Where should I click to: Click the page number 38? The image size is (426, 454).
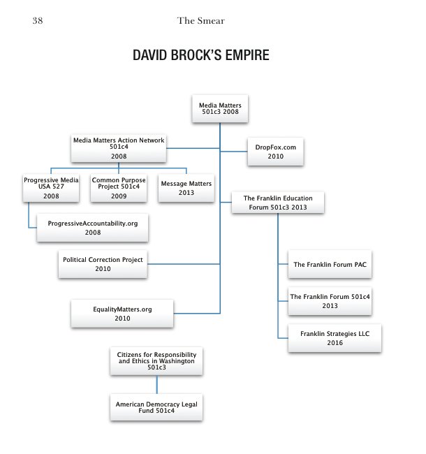pyautogui.click(x=38, y=21)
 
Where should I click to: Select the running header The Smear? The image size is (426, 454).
pyautogui.click(x=200, y=21)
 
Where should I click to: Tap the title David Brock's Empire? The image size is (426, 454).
pyautogui.click(x=201, y=55)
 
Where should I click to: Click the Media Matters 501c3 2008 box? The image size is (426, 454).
pyautogui.click(x=220, y=108)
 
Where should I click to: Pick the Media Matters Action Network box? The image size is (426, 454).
pyautogui.click(x=119, y=148)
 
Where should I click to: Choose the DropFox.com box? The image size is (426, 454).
pyautogui.click(x=275, y=152)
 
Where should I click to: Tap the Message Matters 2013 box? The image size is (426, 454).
pyautogui.click(x=186, y=188)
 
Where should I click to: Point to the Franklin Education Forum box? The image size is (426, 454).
pyautogui.click(x=278, y=203)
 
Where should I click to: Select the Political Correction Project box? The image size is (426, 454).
pyautogui.click(x=103, y=264)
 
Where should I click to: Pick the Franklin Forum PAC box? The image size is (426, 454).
pyautogui.click(x=330, y=265)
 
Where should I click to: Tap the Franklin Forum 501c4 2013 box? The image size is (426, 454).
pyautogui.click(x=330, y=301)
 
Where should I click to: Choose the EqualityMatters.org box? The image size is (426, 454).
pyautogui.click(x=122, y=312)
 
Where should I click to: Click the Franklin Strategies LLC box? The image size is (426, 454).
pyautogui.click(x=335, y=338)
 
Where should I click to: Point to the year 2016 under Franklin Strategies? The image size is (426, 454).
pyautogui.click(x=335, y=343)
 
